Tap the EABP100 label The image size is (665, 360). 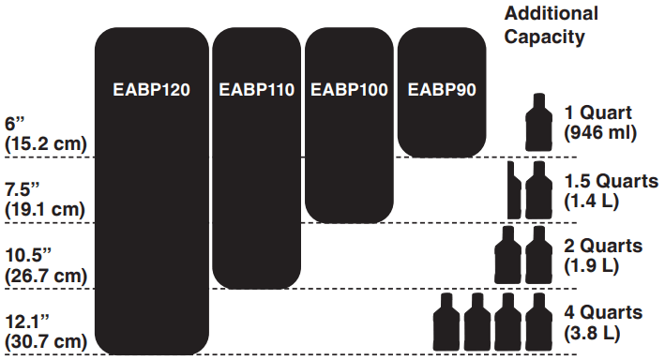348,91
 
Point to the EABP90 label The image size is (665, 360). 442,91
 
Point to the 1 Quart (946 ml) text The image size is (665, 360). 600,123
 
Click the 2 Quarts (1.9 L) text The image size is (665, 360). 602,255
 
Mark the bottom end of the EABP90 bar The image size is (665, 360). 442,154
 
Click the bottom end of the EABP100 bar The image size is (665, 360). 348,219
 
